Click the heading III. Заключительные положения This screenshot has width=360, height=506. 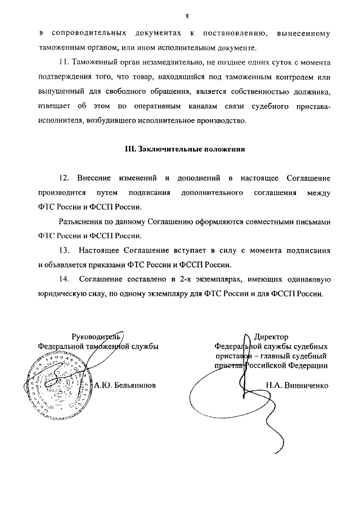(x=185, y=149)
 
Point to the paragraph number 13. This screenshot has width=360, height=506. (x=64, y=250)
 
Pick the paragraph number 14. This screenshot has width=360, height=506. (x=64, y=279)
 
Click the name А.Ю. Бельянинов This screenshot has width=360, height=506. (x=124, y=386)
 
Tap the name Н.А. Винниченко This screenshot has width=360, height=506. (x=296, y=386)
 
